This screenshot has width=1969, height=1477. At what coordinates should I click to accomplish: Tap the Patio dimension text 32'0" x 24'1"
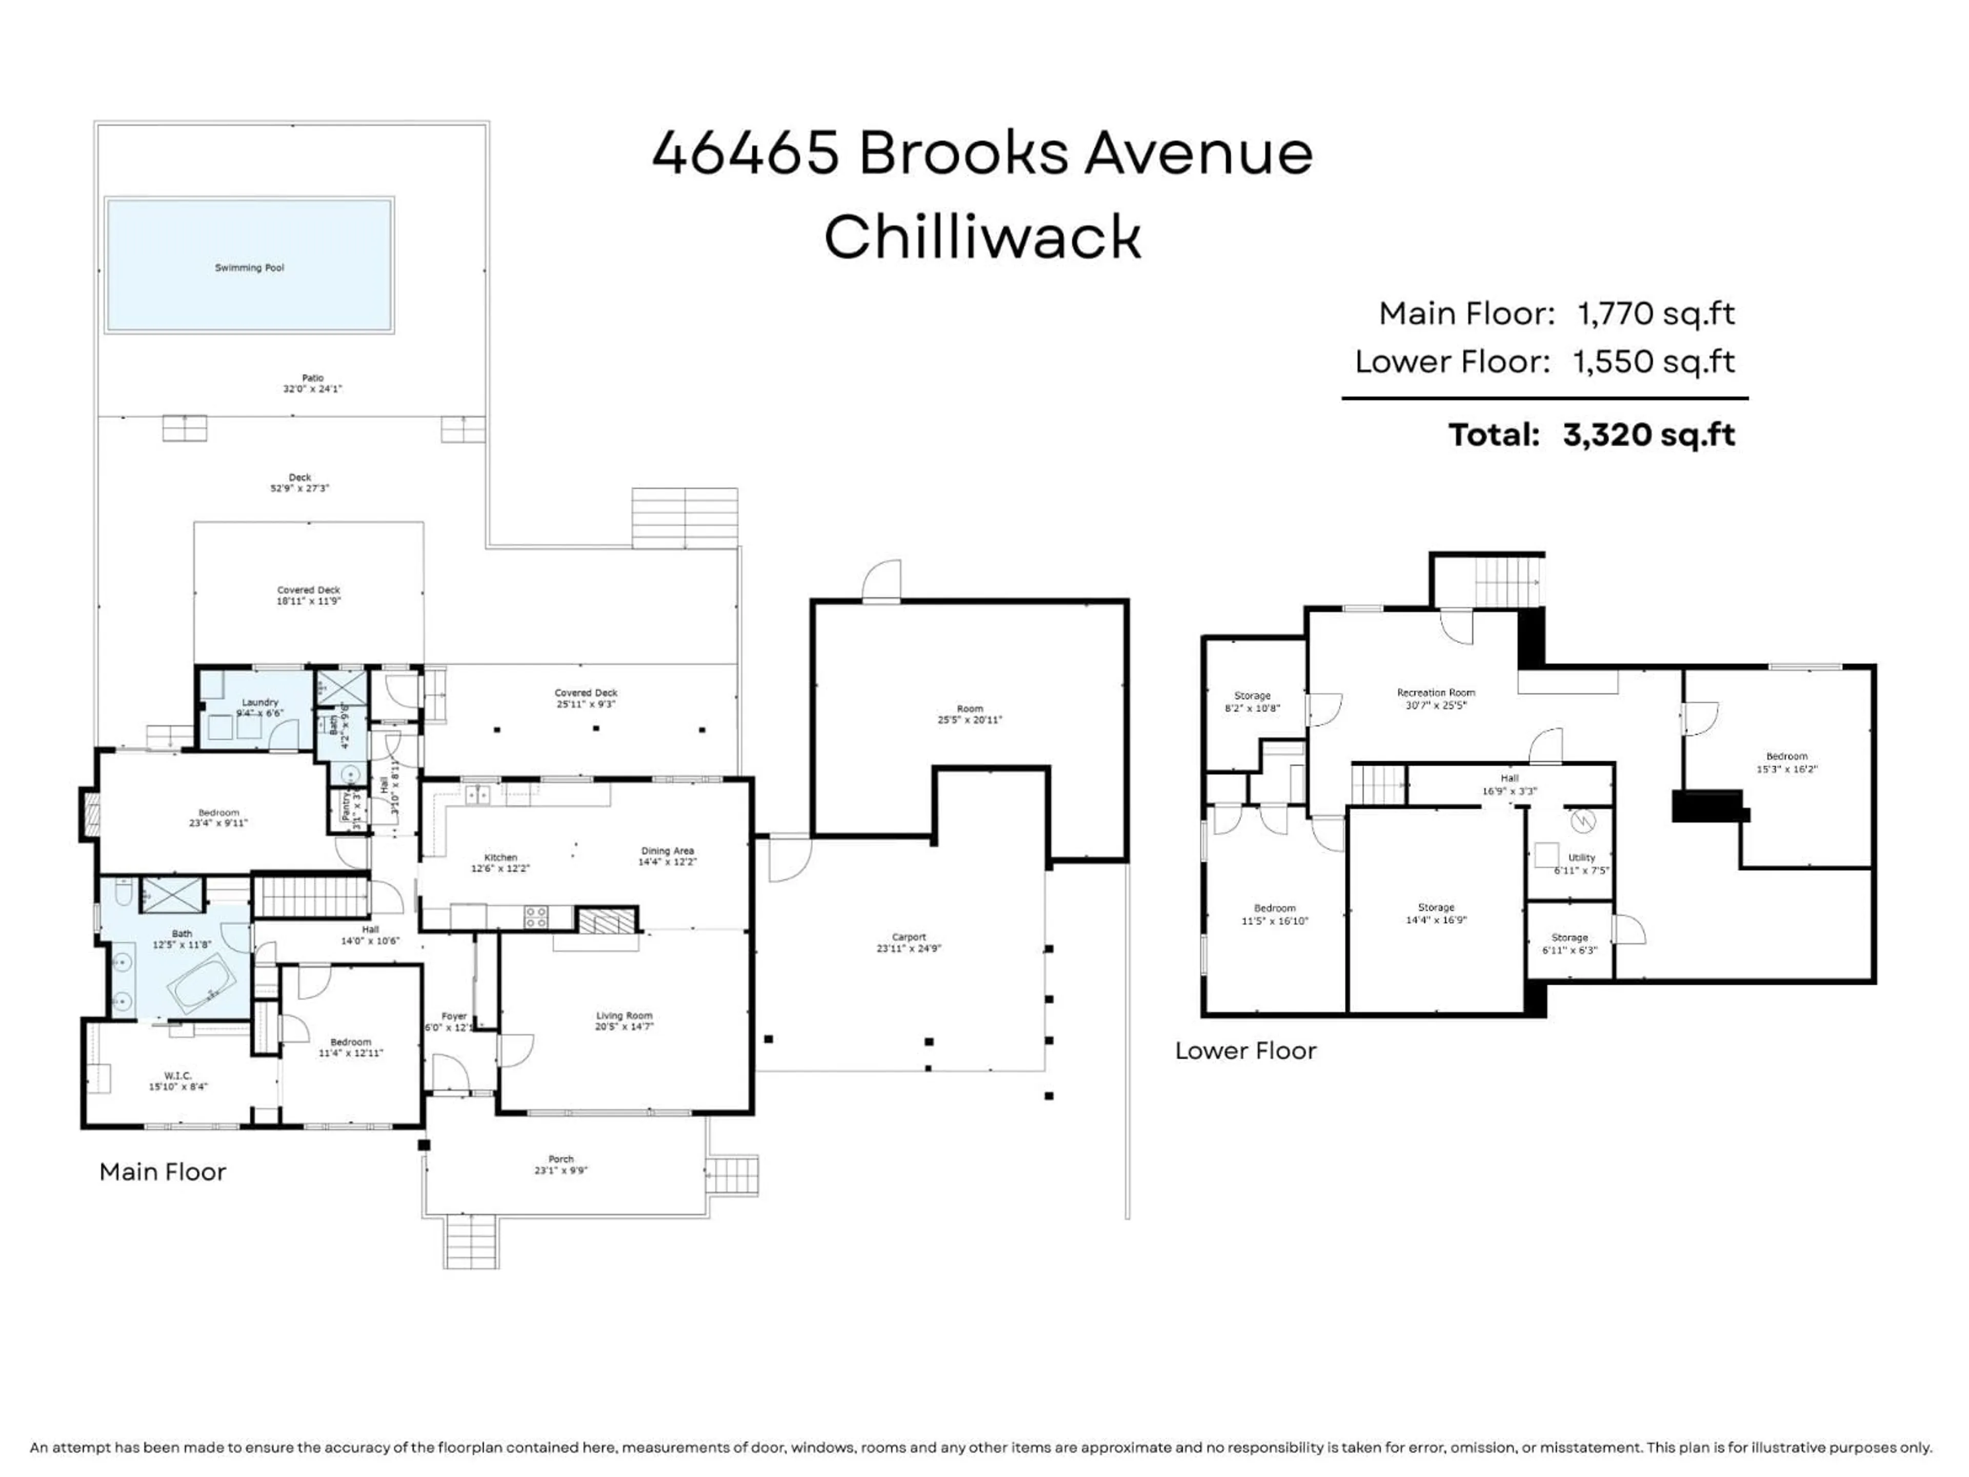[x=312, y=389]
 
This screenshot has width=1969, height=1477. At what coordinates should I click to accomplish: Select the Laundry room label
[x=260, y=703]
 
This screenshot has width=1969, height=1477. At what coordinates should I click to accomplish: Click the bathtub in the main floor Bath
[x=204, y=984]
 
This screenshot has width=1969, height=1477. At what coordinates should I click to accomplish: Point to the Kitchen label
[x=500, y=857]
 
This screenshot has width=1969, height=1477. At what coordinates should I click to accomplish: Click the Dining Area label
[x=667, y=851]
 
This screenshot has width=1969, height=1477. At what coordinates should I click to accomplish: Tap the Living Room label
[x=624, y=1016]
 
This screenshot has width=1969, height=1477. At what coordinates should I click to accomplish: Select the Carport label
[x=909, y=937]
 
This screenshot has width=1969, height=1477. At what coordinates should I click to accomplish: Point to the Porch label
[x=561, y=1159]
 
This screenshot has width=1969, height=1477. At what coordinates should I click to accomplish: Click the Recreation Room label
[x=1436, y=693]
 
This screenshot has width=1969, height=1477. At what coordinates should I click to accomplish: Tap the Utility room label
[x=1582, y=858]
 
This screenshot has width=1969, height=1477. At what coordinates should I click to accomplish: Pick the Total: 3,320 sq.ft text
[x=1592, y=435]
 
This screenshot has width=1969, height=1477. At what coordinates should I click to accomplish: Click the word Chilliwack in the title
[x=983, y=238]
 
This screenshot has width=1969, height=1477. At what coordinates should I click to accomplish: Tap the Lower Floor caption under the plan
[x=1245, y=1051]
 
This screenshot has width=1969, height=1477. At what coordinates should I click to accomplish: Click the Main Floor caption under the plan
[x=163, y=1172]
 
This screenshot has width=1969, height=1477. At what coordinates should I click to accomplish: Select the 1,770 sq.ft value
[x=1656, y=313]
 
